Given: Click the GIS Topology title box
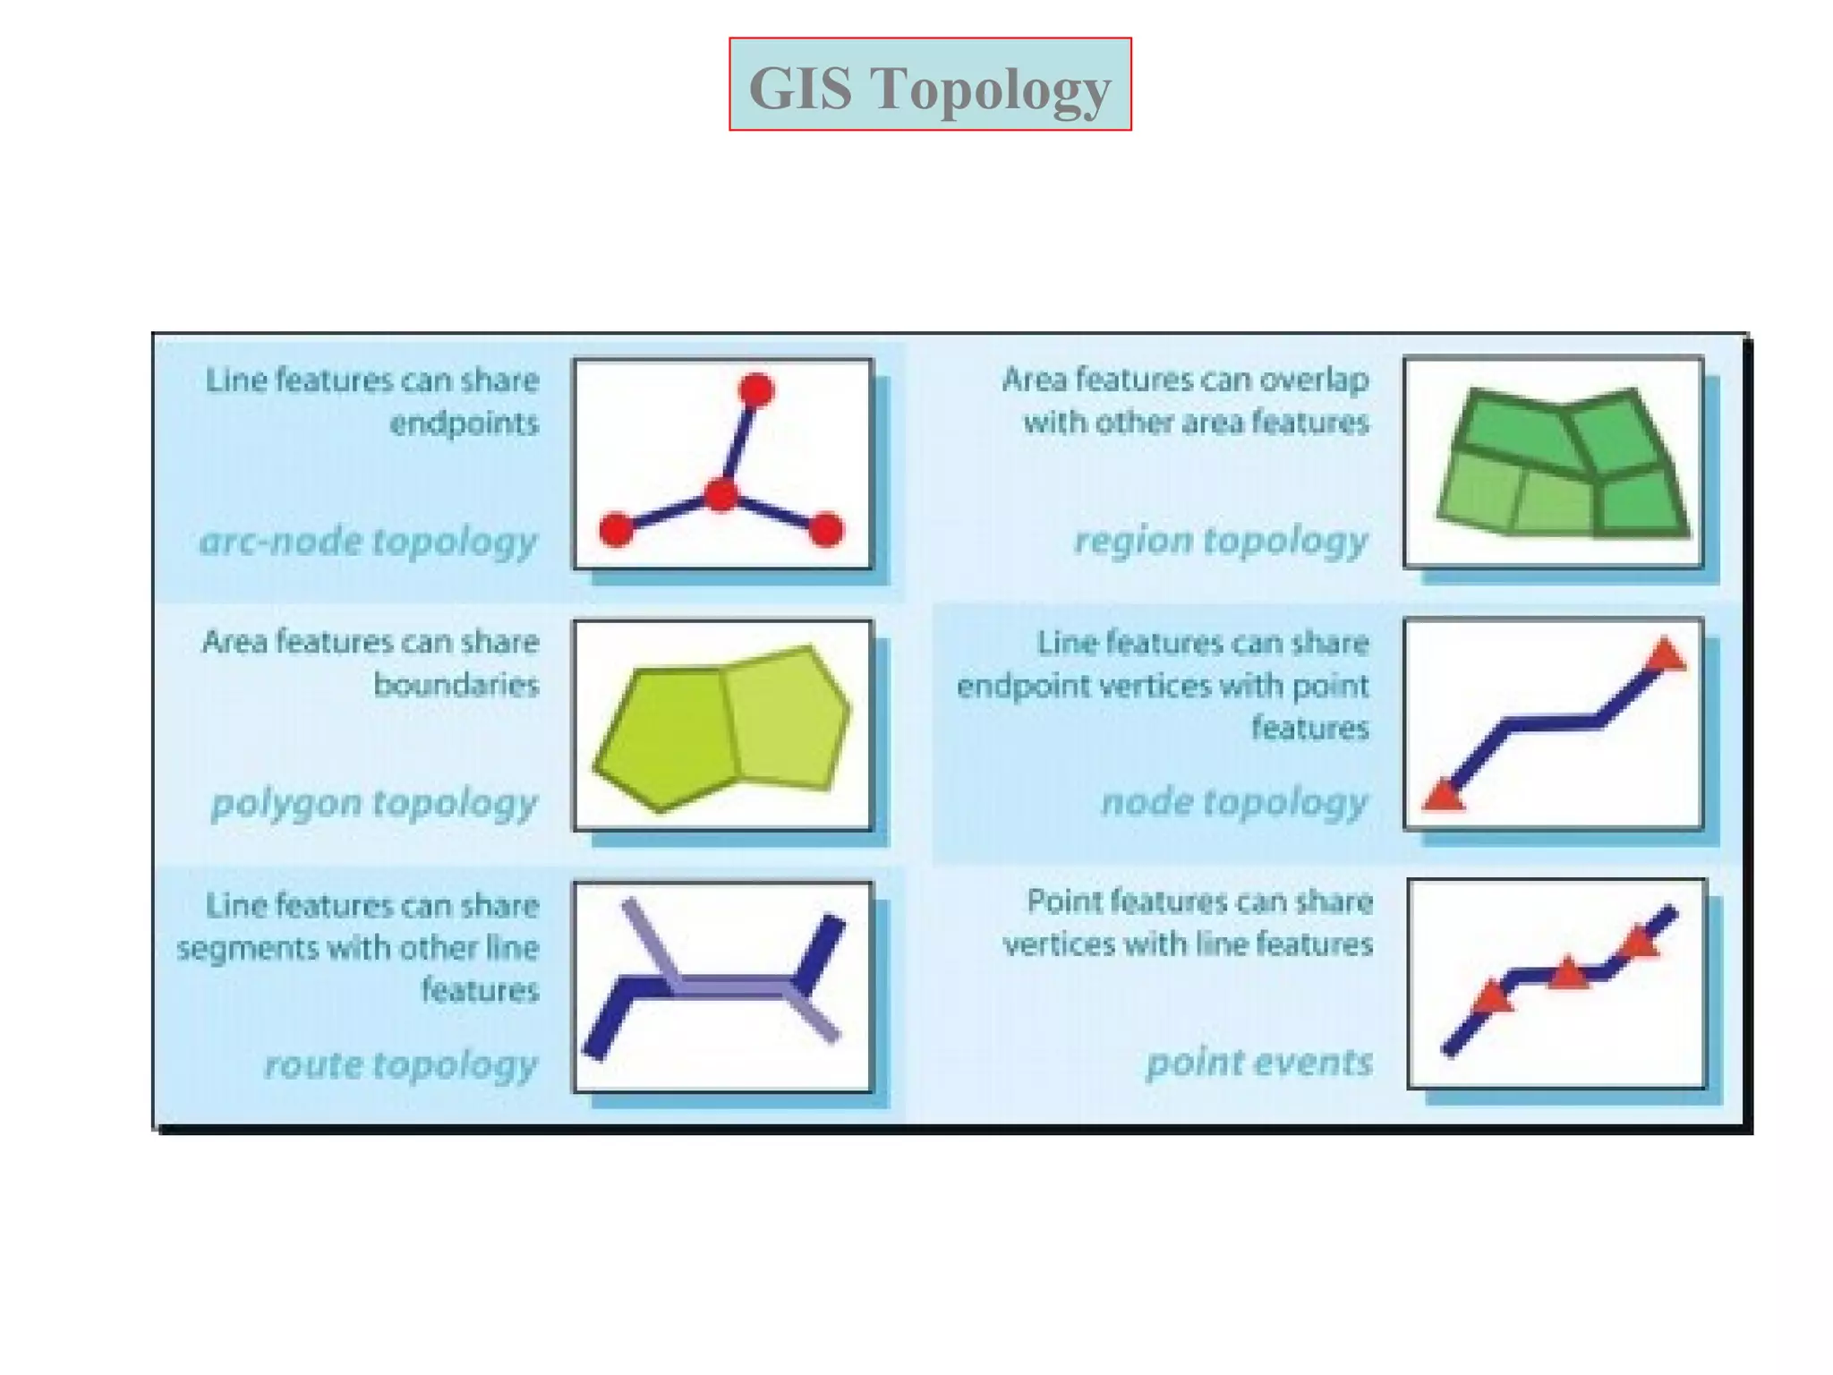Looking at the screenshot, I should [x=929, y=84].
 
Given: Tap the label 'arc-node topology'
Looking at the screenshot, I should [x=368, y=541].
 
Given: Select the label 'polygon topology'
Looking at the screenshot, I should [x=374, y=802].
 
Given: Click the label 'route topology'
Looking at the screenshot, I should [x=400, y=1063].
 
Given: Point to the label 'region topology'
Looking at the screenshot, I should [x=1221, y=540].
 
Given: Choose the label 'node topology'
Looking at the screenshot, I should [x=1234, y=801].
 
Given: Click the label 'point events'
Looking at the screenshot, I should [x=1259, y=1062].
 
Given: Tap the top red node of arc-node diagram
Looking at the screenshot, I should [x=756, y=390].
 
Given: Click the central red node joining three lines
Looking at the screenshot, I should [x=720, y=494].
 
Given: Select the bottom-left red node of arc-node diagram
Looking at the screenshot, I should [x=616, y=530].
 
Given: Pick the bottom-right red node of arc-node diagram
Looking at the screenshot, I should [x=825, y=529].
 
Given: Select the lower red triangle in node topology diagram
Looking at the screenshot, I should [x=1444, y=795].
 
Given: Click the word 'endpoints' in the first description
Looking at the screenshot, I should [x=464, y=423].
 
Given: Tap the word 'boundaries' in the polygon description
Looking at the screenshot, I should [x=456, y=685].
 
